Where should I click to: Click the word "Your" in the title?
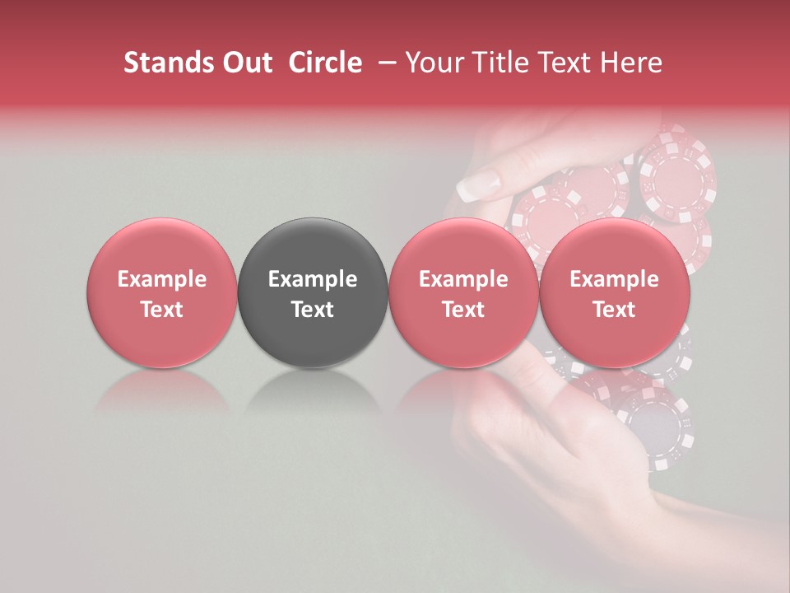(x=434, y=63)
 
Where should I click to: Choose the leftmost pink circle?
(x=161, y=293)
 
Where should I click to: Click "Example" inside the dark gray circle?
(x=313, y=279)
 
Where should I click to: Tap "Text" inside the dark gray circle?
(x=313, y=310)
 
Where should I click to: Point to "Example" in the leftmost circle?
(x=161, y=279)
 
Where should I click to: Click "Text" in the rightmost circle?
(x=614, y=310)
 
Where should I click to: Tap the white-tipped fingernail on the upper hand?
(x=479, y=184)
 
